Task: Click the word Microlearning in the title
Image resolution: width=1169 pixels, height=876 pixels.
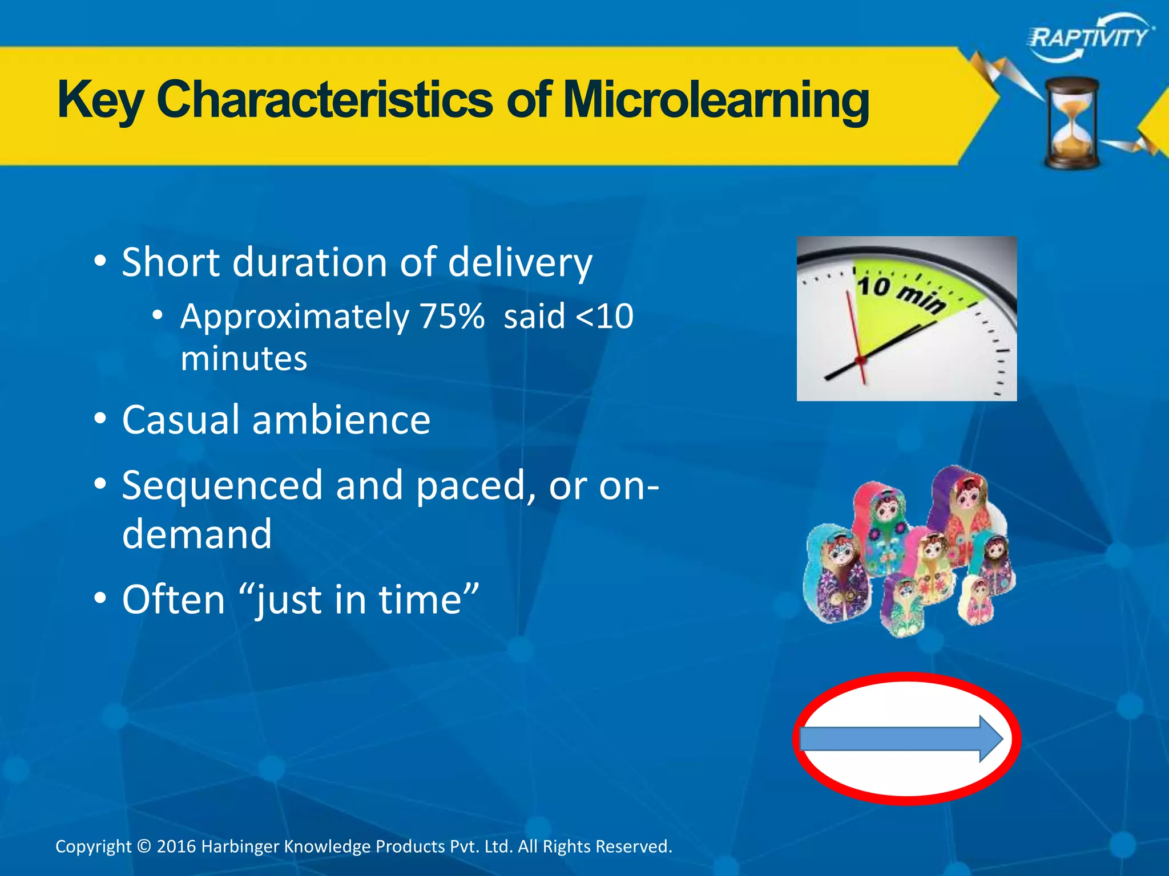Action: coord(716,100)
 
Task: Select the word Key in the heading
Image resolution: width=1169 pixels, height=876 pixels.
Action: coord(100,100)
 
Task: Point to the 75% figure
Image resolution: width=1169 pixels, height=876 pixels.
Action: coord(452,317)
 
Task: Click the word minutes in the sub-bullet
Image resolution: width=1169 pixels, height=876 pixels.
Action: coord(244,359)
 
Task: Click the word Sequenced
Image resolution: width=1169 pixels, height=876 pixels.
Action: coord(223,486)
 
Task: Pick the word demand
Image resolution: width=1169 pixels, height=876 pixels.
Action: coord(197,534)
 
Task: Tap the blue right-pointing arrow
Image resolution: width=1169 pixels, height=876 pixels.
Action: coord(901,739)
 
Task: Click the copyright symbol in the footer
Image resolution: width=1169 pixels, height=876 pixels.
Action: coord(144,846)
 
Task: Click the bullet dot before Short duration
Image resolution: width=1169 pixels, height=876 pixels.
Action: coord(100,262)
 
